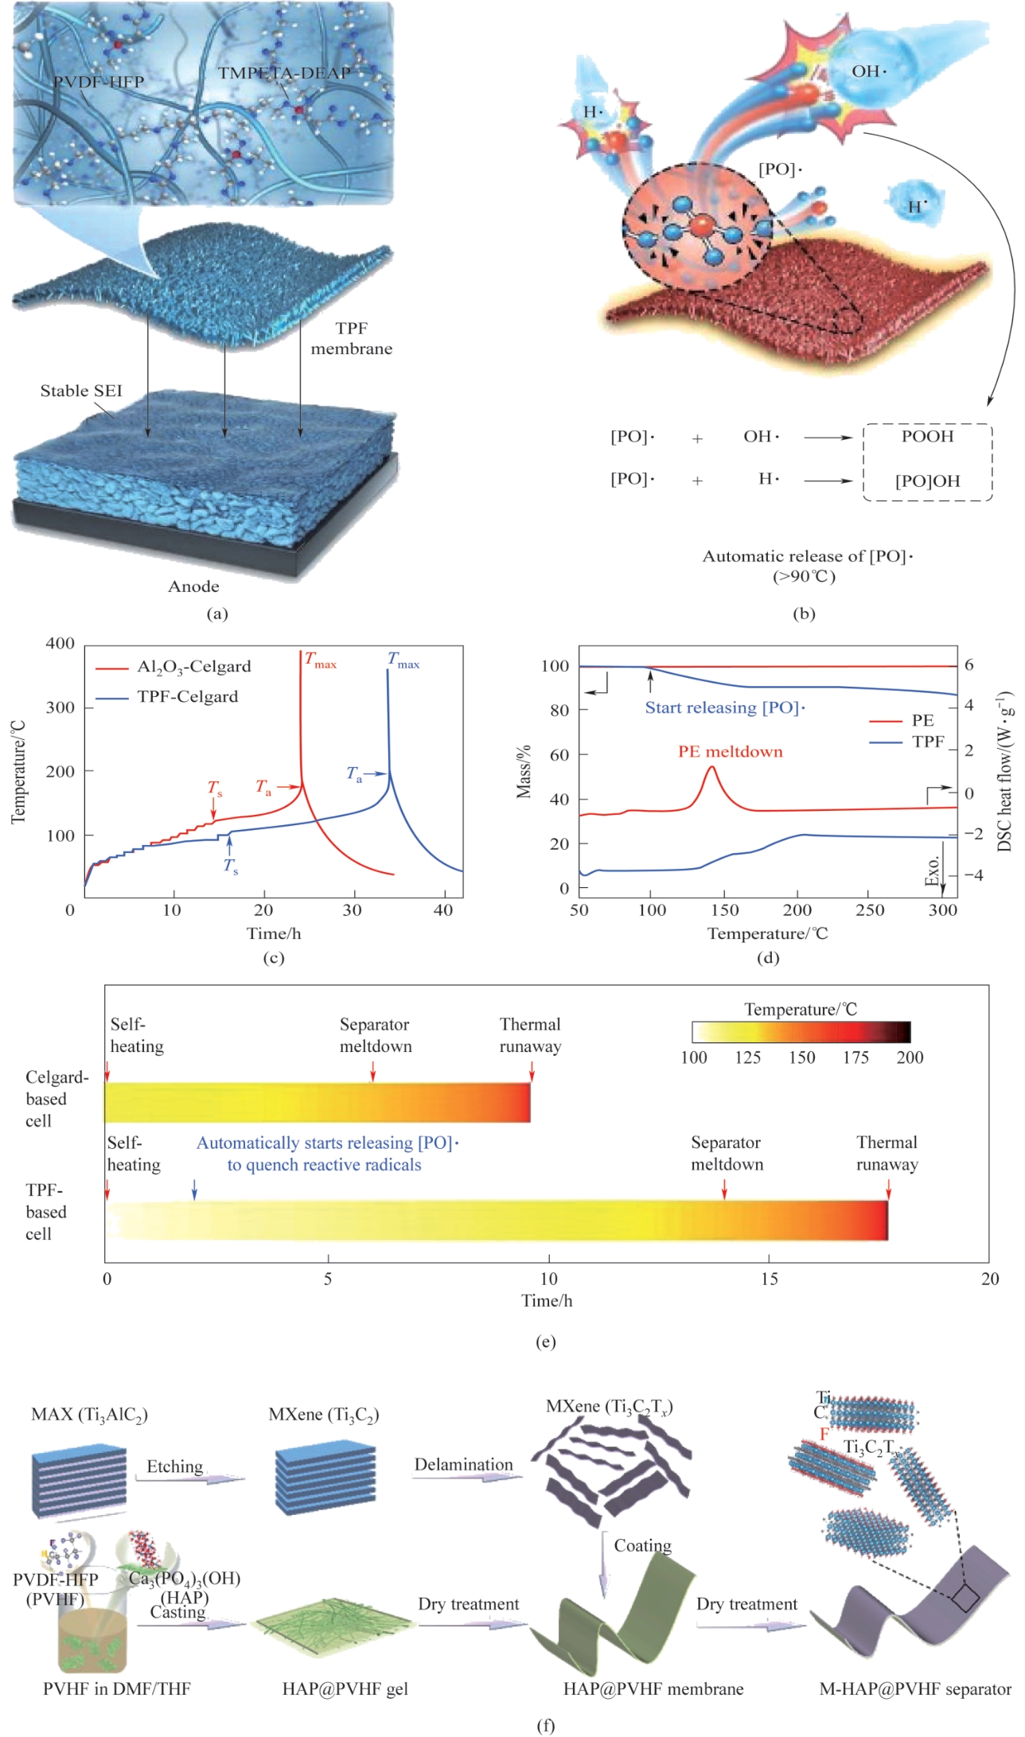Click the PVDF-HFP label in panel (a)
[x=99, y=82]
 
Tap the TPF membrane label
[x=352, y=338]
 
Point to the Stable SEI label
[x=81, y=391]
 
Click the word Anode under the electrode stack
[x=193, y=586]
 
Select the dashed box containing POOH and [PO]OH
[x=928, y=462]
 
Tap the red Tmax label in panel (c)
[x=322, y=660]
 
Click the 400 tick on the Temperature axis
[x=60, y=644]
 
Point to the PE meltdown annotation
[x=730, y=752]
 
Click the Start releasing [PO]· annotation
[x=724, y=707]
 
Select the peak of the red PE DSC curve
[x=711, y=767]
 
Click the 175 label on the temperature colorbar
[x=856, y=1057]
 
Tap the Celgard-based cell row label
[x=56, y=1099]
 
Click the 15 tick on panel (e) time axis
[x=769, y=1279]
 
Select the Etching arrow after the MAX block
[x=194, y=1479]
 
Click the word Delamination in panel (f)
[x=463, y=1465]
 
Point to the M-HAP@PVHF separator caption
[x=915, y=1688]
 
